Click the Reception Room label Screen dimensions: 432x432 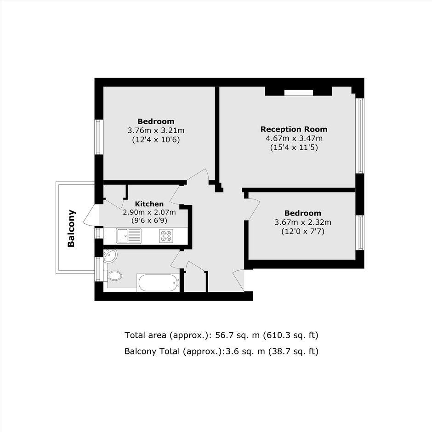tap(294, 129)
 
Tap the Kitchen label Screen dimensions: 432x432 tap(149, 204)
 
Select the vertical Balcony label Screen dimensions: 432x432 tap(71, 228)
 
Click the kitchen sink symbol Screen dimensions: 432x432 tap(128, 236)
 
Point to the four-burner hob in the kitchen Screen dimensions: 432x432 tap(166, 236)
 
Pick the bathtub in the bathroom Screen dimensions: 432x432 tap(159, 283)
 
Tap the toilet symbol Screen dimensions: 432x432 tap(113, 275)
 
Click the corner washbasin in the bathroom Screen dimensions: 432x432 tap(110, 256)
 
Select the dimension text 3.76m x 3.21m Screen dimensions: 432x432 tap(156, 131)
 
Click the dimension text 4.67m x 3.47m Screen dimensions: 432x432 tap(294, 138)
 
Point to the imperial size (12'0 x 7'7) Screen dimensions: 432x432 tap(303, 231)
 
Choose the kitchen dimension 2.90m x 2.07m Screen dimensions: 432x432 tap(149, 212)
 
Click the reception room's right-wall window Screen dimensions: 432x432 tap(359, 136)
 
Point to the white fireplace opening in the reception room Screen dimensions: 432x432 tap(299, 93)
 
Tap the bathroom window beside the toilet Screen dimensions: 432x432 tap(97, 269)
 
